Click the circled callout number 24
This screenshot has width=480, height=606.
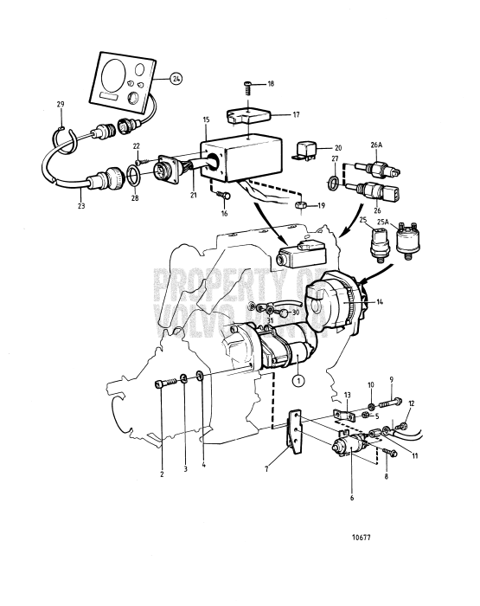pos(176,78)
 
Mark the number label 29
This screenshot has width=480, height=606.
pos(61,104)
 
